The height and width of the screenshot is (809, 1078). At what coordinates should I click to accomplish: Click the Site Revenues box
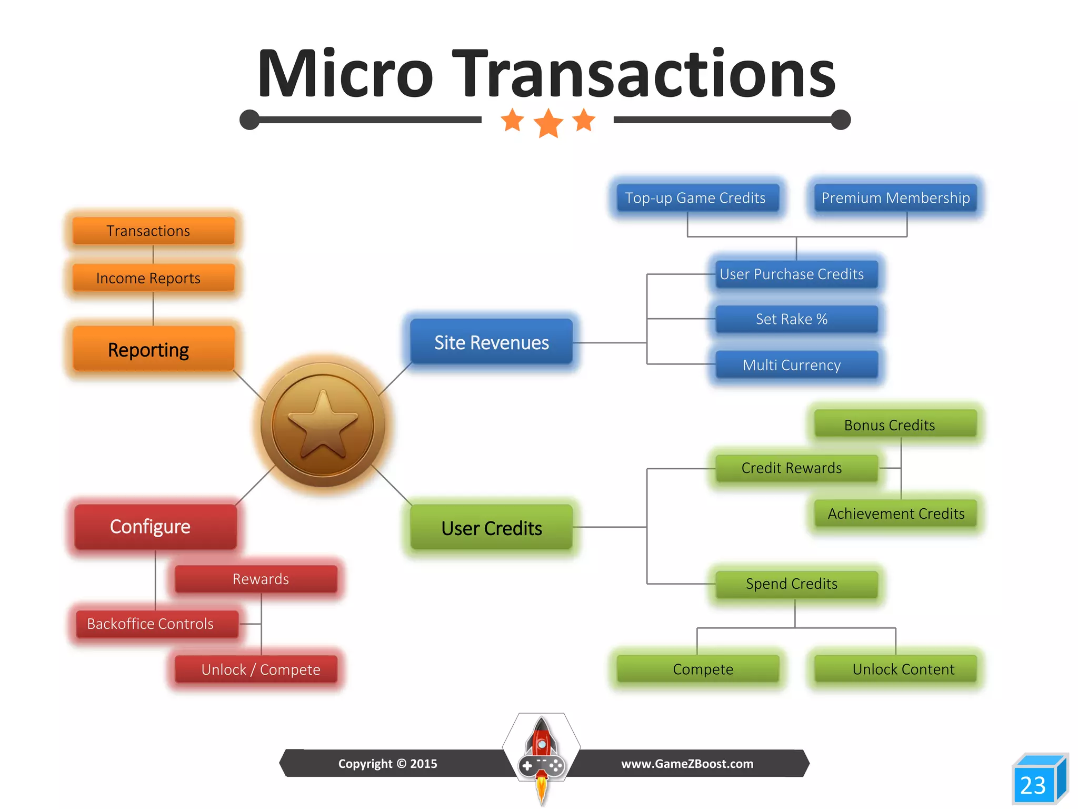coord(491,342)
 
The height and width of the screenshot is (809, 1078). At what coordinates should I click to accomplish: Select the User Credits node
coord(491,528)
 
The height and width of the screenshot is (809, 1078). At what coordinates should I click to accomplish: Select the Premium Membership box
coord(895,198)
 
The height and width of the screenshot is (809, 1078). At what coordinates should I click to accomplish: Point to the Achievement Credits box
coord(895,514)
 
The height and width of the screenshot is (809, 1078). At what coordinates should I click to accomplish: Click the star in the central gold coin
coord(323,425)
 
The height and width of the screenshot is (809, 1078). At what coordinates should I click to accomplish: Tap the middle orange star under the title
coord(548,123)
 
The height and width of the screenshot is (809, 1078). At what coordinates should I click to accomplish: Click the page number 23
coord(1033,785)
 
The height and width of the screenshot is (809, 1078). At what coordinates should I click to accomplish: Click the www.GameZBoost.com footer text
coord(687,764)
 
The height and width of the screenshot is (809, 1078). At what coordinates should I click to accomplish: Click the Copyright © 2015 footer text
coord(387,764)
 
